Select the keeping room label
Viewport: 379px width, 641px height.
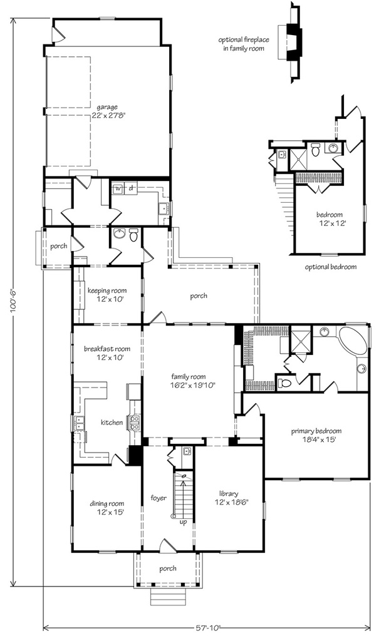click(x=106, y=295)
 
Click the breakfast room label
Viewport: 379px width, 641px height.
click(x=106, y=353)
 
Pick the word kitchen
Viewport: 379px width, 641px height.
click(x=112, y=423)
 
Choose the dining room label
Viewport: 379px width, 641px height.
click(x=106, y=507)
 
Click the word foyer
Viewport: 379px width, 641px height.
click(x=158, y=498)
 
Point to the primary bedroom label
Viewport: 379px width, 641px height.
click(x=316, y=435)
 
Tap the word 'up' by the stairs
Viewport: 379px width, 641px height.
click(x=182, y=521)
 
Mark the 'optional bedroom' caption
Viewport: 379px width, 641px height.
click(x=331, y=267)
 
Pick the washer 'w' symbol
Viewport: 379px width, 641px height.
click(x=117, y=187)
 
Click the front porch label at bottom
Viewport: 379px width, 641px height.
click(x=167, y=568)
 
